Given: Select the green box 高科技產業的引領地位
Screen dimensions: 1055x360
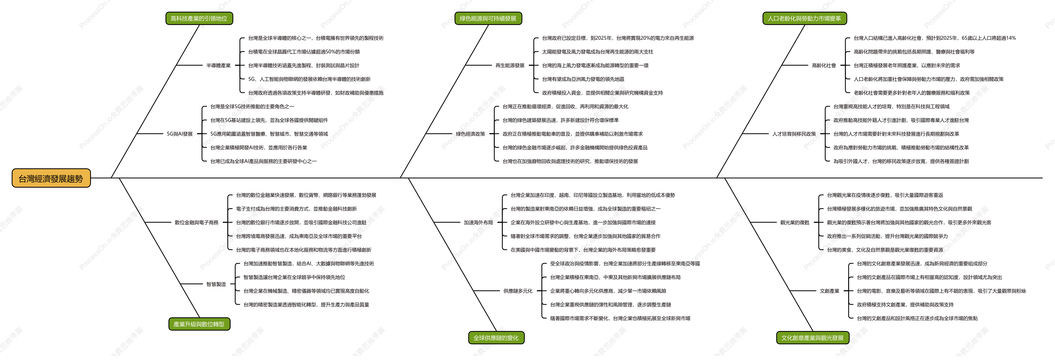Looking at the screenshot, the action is (x=199, y=19).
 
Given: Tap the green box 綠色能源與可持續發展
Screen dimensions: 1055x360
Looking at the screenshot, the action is (x=488, y=19).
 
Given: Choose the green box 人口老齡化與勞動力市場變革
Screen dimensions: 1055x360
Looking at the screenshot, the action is (x=804, y=19).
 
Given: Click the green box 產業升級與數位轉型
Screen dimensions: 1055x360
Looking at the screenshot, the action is (x=199, y=324).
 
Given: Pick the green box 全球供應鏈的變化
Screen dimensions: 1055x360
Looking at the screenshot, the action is (x=496, y=338).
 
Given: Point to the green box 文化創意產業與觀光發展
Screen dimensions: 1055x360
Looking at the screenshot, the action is (x=812, y=338).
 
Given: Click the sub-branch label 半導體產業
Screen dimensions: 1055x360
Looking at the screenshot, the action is (x=218, y=66).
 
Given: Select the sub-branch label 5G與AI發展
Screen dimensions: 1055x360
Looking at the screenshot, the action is (x=180, y=134).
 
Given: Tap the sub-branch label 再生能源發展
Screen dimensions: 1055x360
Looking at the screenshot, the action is (x=510, y=66).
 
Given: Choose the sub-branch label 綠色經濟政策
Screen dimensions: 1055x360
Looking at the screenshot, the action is (x=471, y=134).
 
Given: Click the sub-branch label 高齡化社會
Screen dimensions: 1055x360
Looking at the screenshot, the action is (x=824, y=66).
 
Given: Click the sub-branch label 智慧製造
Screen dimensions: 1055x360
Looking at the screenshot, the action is (x=216, y=284).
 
